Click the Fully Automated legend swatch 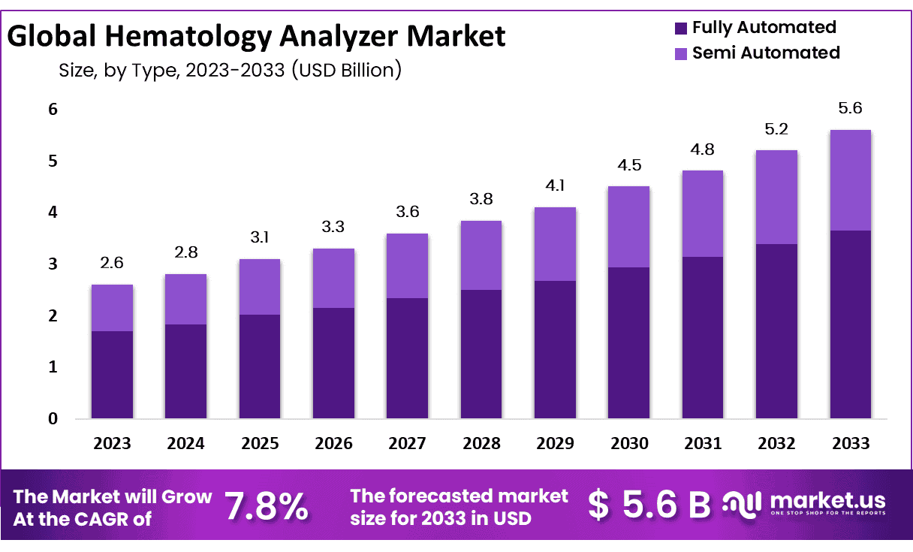681,29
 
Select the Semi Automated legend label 766,53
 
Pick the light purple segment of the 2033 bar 850,180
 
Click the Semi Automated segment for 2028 481,255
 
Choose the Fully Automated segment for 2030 628,342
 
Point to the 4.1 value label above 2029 555,185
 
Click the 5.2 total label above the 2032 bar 776,128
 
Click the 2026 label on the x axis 333,443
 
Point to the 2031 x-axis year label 703,443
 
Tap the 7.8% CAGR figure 267,507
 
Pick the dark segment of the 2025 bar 260,366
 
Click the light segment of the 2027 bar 407,266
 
